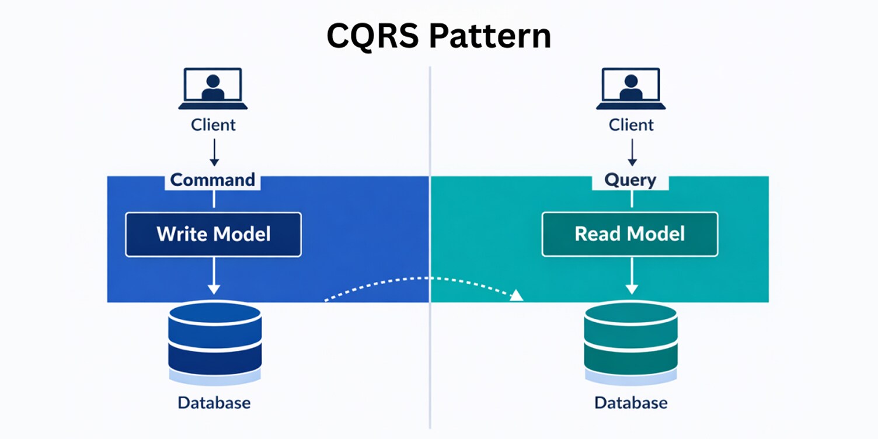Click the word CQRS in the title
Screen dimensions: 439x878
[371, 36]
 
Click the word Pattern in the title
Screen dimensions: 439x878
[489, 36]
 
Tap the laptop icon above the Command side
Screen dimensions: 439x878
[213, 89]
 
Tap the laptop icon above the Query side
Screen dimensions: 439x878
[631, 89]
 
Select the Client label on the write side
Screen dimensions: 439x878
[213, 125]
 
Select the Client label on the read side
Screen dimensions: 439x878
[631, 125]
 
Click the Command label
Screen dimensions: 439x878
[213, 180]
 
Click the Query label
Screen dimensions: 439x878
[630, 180]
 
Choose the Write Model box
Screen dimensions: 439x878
[213, 234]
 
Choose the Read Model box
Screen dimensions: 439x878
[630, 234]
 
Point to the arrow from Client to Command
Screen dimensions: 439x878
[214, 152]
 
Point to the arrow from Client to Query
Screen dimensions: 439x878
[631, 152]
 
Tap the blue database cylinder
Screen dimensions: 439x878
[214, 342]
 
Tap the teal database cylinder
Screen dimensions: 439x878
[630, 342]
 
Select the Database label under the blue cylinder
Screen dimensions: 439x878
[214, 403]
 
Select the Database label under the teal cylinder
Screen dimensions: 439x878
[630, 403]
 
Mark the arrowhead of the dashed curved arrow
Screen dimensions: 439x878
[516, 295]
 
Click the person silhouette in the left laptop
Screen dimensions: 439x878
[213, 88]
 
